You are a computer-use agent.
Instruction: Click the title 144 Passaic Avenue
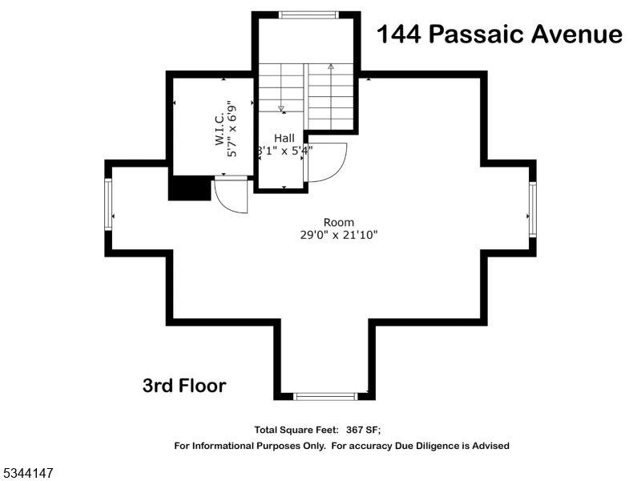tap(499, 34)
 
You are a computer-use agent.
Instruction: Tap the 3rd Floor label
tap(184, 386)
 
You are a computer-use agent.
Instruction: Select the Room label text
tap(338, 222)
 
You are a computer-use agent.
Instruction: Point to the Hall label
tap(284, 138)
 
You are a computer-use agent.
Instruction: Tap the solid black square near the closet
tap(189, 189)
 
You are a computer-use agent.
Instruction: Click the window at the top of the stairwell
tap(308, 14)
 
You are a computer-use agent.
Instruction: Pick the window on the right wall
tap(531, 208)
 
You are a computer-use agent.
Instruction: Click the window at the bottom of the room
tap(325, 395)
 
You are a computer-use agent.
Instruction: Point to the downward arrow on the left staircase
tap(281, 107)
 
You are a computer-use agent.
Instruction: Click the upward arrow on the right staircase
tap(330, 67)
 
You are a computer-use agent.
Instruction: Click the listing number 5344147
tap(28, 474)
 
